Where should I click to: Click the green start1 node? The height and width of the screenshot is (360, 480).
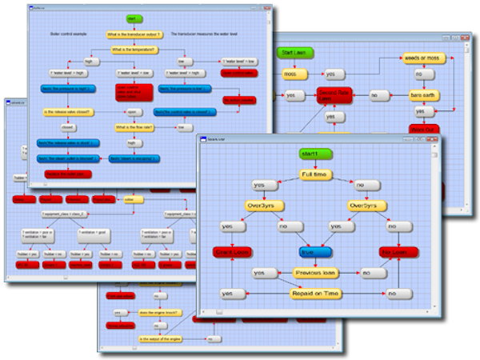point(311,153)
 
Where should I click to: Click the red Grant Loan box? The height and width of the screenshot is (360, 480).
point(232,252)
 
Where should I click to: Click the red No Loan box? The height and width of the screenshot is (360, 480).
point(398,252)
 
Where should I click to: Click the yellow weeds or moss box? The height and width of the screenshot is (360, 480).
point(422,59)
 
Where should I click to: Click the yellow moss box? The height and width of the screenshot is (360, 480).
point(290,74)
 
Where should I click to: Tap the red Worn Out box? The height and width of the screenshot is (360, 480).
point(422,128)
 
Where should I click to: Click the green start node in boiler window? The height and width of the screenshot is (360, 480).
point(134,18)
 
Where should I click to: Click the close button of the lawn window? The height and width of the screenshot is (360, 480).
point(464,38)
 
